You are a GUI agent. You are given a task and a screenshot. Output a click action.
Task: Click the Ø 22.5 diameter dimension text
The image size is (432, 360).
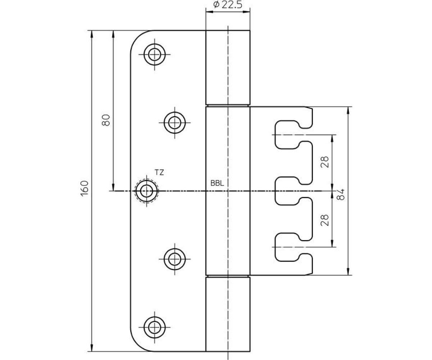(x=227, y=5)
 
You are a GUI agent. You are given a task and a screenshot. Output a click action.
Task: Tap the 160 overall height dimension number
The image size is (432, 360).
(x=85, y=189)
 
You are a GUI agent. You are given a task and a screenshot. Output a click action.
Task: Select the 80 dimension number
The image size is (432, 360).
(x=106, y=120)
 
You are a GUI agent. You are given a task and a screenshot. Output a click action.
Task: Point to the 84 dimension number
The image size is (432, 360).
(x=341, y=194)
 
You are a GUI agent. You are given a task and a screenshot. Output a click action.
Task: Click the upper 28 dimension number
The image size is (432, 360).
(x=325, y=162)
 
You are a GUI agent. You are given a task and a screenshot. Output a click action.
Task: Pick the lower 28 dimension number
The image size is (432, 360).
(x=325, y=220)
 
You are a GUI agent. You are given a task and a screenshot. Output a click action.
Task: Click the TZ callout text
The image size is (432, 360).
(x=159, y=172)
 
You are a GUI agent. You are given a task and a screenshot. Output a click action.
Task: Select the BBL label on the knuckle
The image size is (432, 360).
(x=217, y=183)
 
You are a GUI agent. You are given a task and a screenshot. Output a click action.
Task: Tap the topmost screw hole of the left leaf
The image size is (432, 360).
(x=154, y=55)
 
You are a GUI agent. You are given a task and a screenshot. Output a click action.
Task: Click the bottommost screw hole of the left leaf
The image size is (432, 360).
(x=154, y=327)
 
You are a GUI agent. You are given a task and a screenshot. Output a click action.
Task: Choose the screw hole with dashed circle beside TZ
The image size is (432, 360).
(x=147, y=191)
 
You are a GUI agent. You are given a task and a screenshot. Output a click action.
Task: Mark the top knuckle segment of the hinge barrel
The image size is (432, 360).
(x=228, y=67)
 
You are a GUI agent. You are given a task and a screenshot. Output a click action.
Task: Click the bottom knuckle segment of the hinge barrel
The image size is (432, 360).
(x=228, y=315)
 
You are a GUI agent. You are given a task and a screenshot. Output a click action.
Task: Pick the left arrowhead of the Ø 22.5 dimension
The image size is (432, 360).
(x=210, y=12)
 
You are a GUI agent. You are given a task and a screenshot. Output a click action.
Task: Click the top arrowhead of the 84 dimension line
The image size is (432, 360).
(x=348, y=111)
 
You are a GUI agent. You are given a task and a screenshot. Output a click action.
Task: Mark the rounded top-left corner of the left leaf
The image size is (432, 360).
(x=137, y=37)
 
